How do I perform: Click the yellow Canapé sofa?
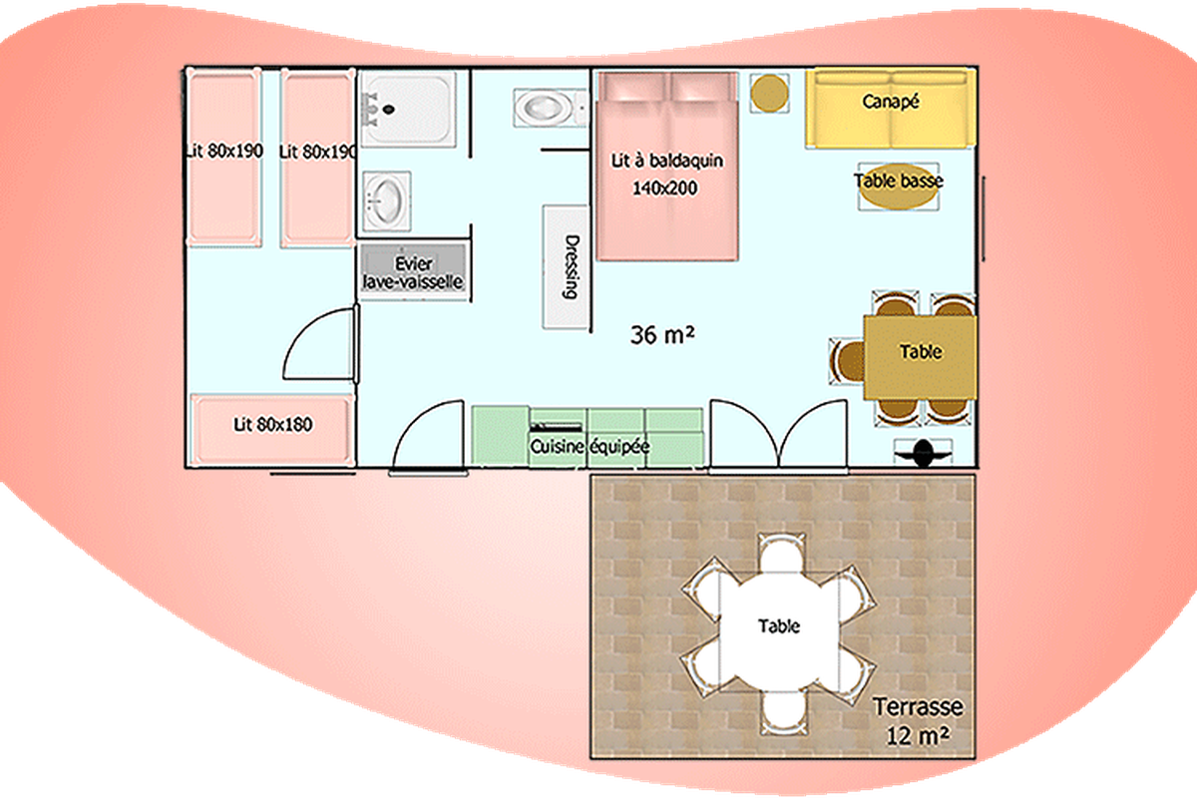[891, 110]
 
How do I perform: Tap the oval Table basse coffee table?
[899, 187]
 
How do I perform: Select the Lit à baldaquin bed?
[667, 167]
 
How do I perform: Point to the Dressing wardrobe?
[566, 266]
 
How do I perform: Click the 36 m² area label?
[662, 335]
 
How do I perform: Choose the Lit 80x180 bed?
[272, 430]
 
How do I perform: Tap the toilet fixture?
[551, 108]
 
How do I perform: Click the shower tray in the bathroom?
[409, 109]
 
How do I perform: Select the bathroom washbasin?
[386, 200]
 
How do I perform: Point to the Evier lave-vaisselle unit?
[413, 272]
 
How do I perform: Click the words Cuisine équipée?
[590, 446]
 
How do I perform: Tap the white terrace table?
[780, 631]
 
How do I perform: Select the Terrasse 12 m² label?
[918, 721]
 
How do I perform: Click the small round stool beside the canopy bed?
[769, 93]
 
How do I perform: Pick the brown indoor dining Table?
[920, 357]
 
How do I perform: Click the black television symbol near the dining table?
[923, 453]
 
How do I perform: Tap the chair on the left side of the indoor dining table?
[847, 360]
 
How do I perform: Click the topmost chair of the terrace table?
[781, 552]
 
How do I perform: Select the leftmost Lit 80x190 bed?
[223, 158]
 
